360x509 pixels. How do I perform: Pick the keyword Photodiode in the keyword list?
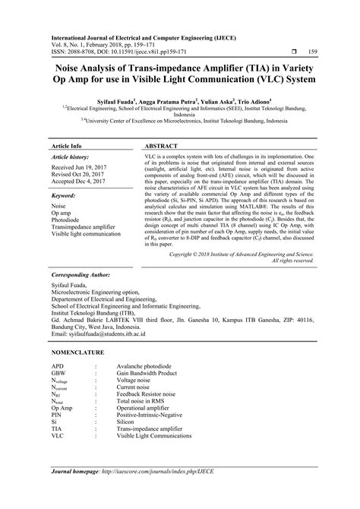[x=66, y=220]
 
